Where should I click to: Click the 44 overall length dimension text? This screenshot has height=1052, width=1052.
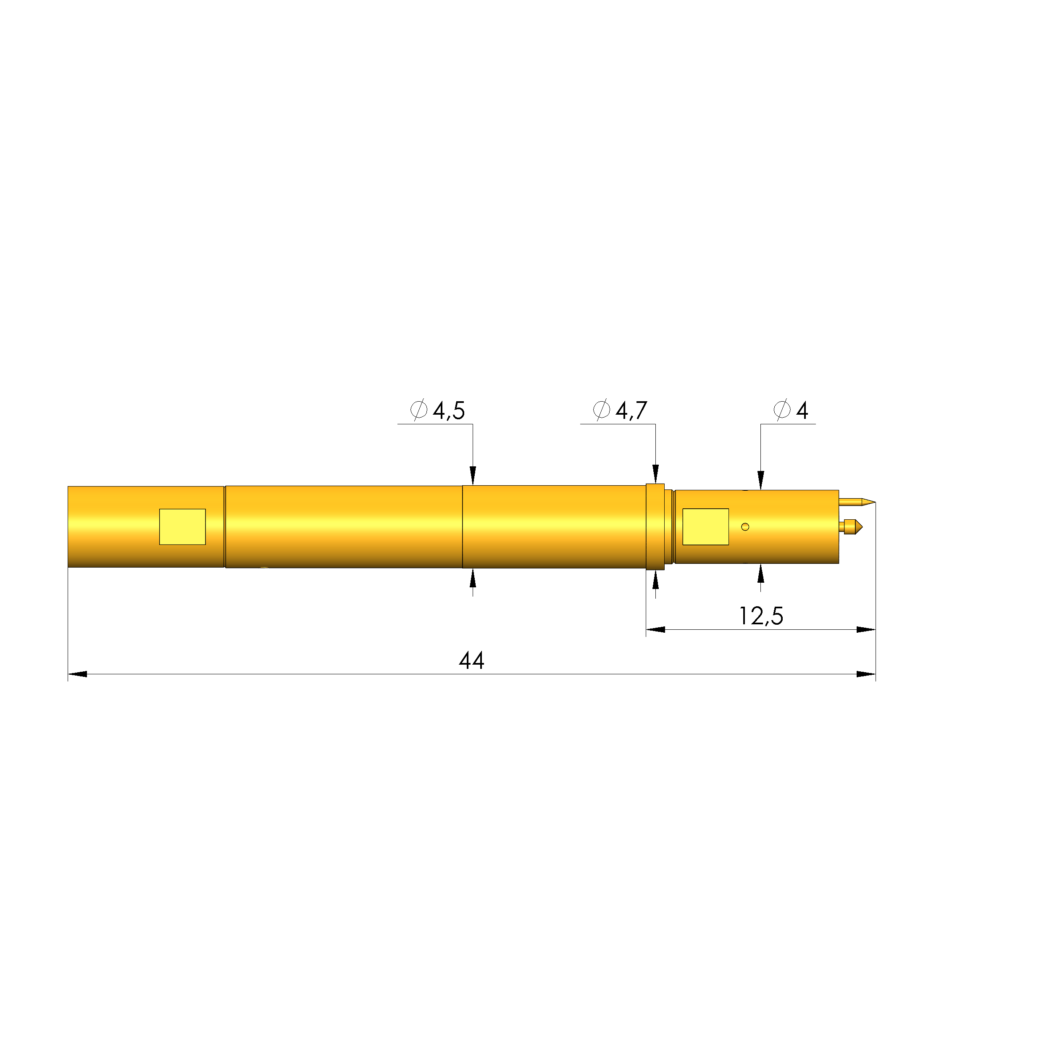pyautogui.click(x=471, y=660)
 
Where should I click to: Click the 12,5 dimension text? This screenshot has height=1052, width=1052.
pyautogui.click(x=761, y=616)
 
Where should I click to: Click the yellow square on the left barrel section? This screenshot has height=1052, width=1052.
pyautogui.click(x=182, y=526)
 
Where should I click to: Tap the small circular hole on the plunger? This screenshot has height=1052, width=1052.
pyautogui.click(x=745, y=526)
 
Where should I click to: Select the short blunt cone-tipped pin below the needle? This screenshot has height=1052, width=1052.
pyautogui.click(x=853, y=526)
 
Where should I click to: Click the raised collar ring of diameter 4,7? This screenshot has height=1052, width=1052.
pyautogui.click(x=655, y=526)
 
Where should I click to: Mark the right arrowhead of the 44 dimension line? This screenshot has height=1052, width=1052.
pyautogui.click(x=866, y=674)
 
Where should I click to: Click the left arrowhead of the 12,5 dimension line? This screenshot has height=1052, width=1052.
pyautogui.click(x=655, y=629)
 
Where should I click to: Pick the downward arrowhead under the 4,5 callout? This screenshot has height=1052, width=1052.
pyautogui.click(x=473, y=475)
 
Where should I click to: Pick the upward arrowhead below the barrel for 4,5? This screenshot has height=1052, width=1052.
pyautogui.click(x=473, y=578)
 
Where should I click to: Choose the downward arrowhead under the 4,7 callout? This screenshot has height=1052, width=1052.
pyautogui.click(x=655, y=474)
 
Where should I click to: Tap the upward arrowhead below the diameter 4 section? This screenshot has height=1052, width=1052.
pyautogui.click(x=761, y=573)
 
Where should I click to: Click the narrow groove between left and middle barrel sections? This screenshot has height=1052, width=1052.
pyautogui.click(x=224, y=526)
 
